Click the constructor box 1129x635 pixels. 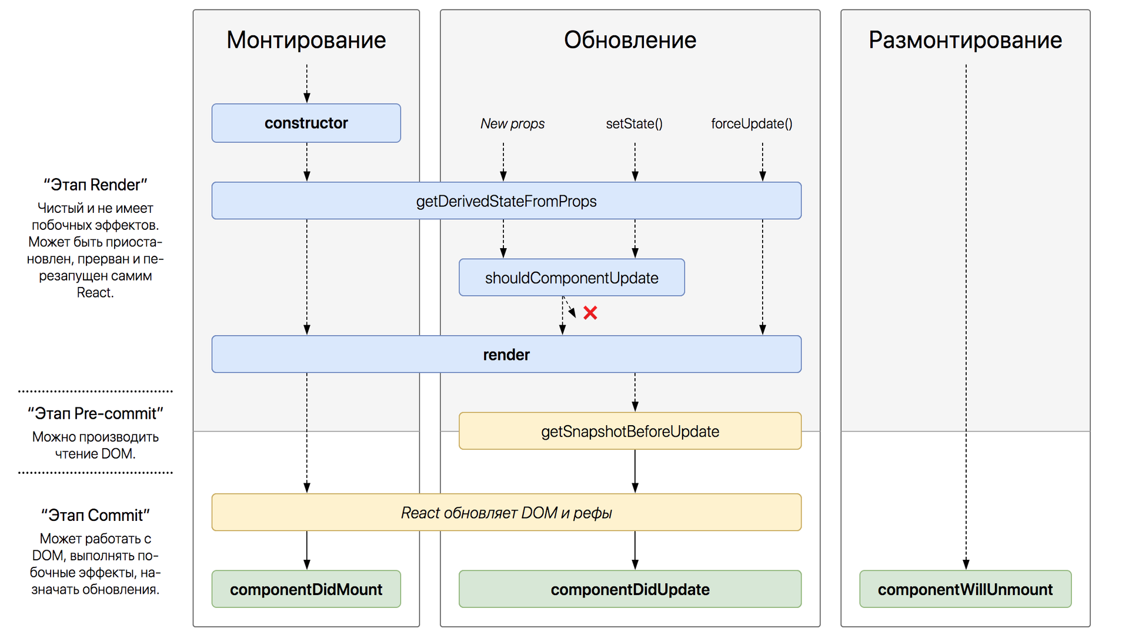[x=306, y=123]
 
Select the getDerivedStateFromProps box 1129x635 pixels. [x=506, y=201]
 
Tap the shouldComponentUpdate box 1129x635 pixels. [x=571, y=278]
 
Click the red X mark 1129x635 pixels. [x=590, y=313]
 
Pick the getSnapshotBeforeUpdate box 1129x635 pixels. [x=630, y=431]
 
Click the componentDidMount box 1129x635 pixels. [x=306, y=589]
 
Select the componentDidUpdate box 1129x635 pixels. [x=630, y=589]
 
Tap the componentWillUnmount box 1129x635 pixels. [x=965, y=589]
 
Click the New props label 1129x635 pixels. [x=512, y=124]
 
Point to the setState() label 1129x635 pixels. [x=634, y=124]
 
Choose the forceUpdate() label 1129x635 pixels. [x=751, y=124]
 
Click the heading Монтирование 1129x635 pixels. [x=306, y=40]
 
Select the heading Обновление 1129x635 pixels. [x=630, y=40]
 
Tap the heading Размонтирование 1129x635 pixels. [x=965, y=40]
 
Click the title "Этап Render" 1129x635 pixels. [x=95, y=185]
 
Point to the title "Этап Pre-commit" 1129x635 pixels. [x=95, y=413]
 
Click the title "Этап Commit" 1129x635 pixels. [x=95, y=515]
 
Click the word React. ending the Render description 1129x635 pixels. [x=95, y=293]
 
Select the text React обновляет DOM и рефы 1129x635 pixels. [x=506, y=513]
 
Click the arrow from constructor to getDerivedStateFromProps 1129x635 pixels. [x=306, y=161]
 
